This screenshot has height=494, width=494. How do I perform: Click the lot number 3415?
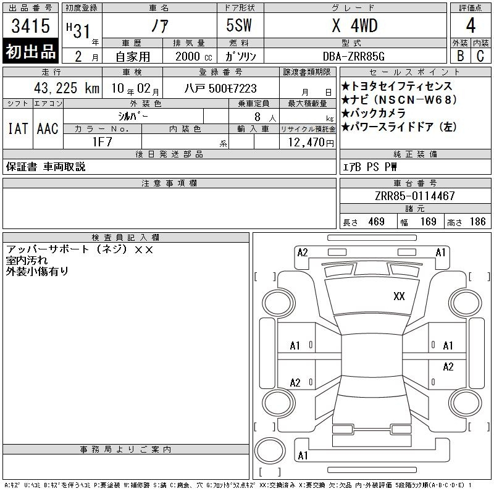(30, 26)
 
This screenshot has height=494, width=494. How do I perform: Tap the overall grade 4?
(471, 25)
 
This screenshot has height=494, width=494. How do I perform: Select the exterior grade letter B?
(460, 56)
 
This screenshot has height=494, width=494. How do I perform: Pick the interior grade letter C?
(480, 56)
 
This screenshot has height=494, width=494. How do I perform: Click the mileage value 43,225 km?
(67, 88)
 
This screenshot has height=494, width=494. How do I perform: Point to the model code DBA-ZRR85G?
(354, 56)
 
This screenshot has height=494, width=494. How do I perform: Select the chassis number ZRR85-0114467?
(415, 196)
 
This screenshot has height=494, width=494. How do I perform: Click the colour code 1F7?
(102, 142)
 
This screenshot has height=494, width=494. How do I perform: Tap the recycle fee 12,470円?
(311, 143)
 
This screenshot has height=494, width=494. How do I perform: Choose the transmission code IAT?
(18, 128)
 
